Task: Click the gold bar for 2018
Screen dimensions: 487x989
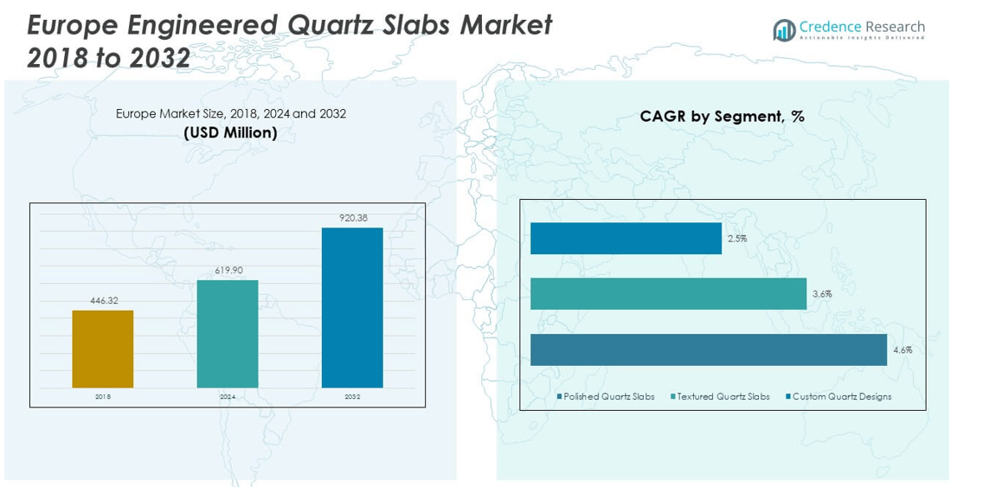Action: [103, 349]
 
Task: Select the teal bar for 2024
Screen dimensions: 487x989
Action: [228, 334]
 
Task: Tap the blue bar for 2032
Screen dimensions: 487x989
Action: [352, 307]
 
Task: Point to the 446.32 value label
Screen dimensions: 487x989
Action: [104, 301]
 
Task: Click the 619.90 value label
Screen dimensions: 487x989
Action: [228, 271]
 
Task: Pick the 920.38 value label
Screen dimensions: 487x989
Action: [353, 218]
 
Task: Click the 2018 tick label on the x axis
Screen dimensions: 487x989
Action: [103, 397]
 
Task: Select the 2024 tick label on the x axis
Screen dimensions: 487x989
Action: [228, 397]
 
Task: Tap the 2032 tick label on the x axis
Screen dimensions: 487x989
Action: [352, 397]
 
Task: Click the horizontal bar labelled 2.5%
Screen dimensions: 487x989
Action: [626, 238]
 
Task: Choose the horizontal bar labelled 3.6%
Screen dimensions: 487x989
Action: [668, 293]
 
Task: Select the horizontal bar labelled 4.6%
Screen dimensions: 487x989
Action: [709, 349]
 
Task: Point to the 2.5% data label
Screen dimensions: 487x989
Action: [737, 239]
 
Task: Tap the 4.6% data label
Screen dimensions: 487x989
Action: [902, 350]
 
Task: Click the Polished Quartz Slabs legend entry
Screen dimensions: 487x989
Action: [608, 397]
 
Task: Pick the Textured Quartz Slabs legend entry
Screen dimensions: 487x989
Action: [722, 397]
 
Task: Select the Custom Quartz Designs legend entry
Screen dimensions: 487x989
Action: [841, 397]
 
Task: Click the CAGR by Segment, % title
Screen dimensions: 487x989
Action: [722, 116]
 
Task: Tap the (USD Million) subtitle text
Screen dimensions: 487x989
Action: [230, 132]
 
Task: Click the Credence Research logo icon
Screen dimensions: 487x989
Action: [784, 30]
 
